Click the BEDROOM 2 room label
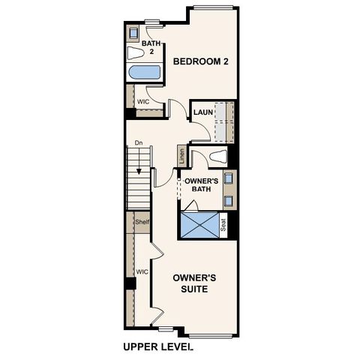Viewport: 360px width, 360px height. click(x=200, y=61)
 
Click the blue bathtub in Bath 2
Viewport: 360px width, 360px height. click(x=144, y=73)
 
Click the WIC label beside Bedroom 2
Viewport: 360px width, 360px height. click(x=142, y=102)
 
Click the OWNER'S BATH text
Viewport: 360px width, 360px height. click(x=202, y=185)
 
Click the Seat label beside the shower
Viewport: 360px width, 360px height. click(x=223, y=224)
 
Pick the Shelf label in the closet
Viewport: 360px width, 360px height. click(x=142, y=222)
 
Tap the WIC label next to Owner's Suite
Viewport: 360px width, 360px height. click(x=141, y=271)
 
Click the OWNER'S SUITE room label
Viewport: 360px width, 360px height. click(x=194, y=283)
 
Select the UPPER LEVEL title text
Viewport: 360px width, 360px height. click(x=157, y=347)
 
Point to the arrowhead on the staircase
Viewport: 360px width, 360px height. click(x=139, y=192)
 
